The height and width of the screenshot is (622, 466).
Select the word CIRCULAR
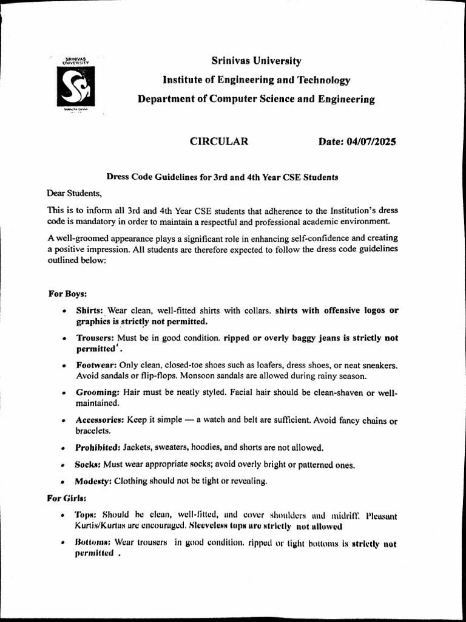(x=219, y=142)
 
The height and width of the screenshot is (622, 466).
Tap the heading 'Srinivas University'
(x=256, y=61)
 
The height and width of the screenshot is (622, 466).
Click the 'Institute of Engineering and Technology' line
(x=256, y=80)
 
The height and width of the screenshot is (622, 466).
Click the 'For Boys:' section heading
(x=67, y=294)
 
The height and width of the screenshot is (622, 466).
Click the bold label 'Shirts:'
(x=90, y=310)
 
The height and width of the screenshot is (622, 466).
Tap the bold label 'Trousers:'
(x=95, y=338)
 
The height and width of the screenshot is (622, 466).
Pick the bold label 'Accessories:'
(x=101, y=420)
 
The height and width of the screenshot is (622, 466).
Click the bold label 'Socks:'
(x=88, y=465)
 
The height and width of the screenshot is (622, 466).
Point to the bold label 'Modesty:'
(x=93, y=481)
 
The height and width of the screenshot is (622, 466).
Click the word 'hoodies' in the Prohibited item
(x=207, y=448)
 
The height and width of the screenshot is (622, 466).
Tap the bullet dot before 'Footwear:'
(x=64, y=366)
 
